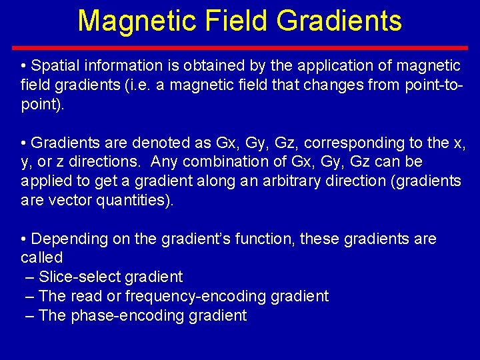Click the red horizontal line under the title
(240, 48)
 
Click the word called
(41, 258)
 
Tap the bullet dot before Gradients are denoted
(24, 143)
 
